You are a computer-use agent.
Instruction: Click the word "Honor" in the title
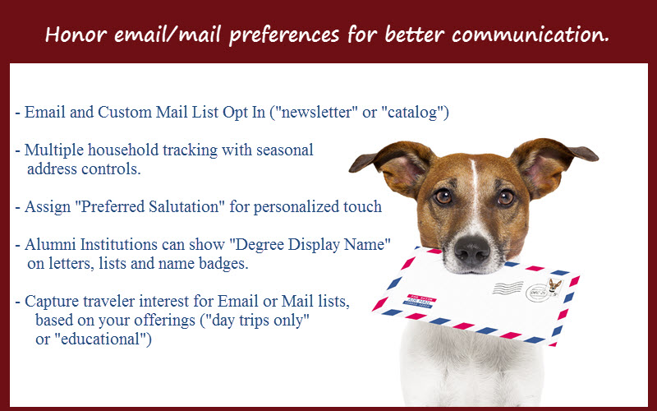(76, 35)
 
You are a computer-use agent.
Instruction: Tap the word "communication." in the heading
(530, 35)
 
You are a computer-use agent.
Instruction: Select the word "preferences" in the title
(284, 35)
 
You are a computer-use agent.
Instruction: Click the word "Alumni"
(50, 244)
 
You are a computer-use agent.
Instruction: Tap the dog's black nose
(472, 249)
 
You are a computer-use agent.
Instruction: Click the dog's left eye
(443, 196)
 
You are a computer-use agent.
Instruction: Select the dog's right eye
(506, 197)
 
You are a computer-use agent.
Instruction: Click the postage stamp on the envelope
(554, 288)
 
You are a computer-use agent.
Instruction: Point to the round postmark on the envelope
(537, 293)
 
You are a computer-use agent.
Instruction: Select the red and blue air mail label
(420, 301)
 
